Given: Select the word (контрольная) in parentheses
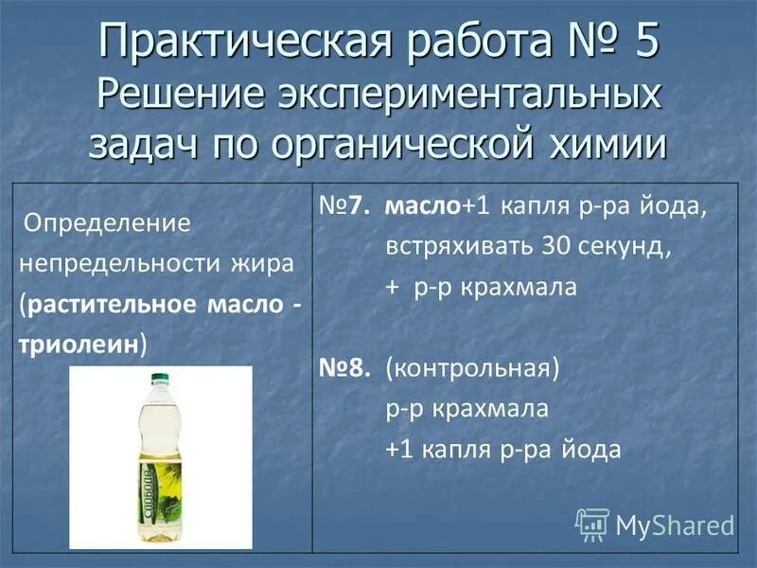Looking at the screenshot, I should click(472, 368).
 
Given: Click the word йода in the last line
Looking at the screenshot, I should click(590, 449).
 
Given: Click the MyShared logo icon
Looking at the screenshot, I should click(592, 524).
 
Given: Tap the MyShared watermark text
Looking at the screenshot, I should click(675, 524).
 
